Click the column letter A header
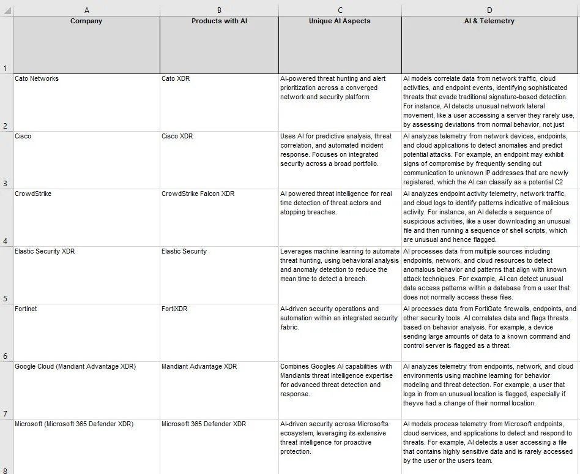(x=86, y=10)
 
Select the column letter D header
(x=489, y=10)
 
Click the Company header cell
(x=86, y=21)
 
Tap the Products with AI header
(x=219, y=21)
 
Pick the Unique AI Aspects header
(x=340, y=21)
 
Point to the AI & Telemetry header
(x=489, y=21)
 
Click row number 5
(x=6, y=298)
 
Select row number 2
(x=6, y=126)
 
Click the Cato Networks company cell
(x=37, y=79)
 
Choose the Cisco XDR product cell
(x=177, y=137)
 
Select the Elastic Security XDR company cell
(x=45, y=252)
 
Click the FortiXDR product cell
(x=174, y=309)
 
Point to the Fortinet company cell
(x=26, y=309)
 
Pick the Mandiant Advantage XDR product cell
(x=199, y=367)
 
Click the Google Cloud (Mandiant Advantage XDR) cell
(x=75, y=367)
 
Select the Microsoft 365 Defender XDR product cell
(x=204, y=424)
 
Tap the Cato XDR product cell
(x=176, y=79)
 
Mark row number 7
(x=6, y=413)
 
